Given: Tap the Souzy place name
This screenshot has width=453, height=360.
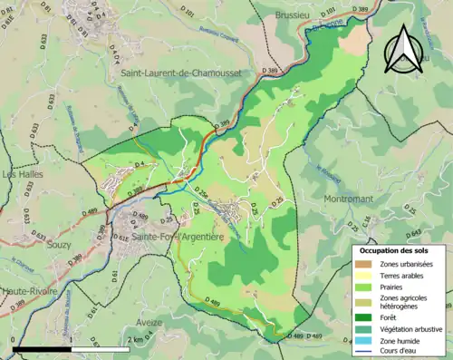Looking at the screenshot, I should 56,246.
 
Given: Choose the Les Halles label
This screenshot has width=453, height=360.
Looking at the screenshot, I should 23,175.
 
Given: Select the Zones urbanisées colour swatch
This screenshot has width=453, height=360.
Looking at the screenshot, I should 366,264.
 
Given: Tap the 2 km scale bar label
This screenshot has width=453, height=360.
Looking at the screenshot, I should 136,339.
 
